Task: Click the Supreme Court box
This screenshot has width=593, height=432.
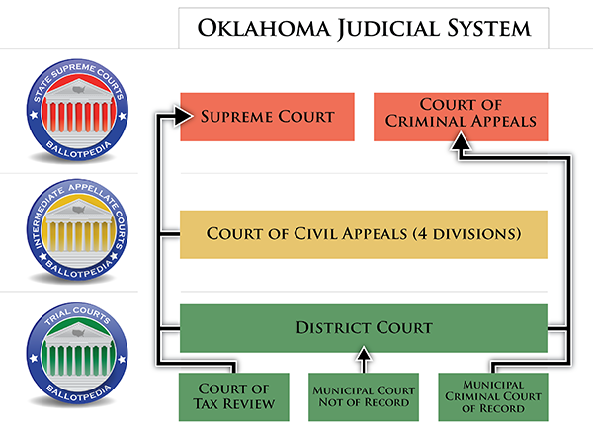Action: click(267, 117)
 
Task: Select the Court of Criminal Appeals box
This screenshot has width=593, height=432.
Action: click(461, 117)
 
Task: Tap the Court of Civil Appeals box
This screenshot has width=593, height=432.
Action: click(364, 234)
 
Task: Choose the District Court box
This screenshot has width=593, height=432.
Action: click(364, 328)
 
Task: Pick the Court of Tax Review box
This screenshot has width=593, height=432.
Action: click(233, 396)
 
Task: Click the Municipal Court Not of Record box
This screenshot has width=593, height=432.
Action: click(364, 396)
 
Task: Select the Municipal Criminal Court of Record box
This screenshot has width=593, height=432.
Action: click(493, 396)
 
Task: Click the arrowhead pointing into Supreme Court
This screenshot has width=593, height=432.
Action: click(183, 115)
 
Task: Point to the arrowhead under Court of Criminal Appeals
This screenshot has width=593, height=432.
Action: click(462, 141)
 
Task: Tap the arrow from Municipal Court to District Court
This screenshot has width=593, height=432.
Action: click(364, 360)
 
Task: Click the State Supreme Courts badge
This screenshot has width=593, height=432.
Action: click(77, 110)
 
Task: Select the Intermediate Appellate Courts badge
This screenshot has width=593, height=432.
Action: click(77, 230)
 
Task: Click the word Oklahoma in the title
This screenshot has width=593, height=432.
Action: click(264, 29)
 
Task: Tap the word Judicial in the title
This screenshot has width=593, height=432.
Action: click(388, 29)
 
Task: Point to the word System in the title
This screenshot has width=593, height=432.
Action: click(489, 29)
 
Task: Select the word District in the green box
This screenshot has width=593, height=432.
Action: click(333, 328)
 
